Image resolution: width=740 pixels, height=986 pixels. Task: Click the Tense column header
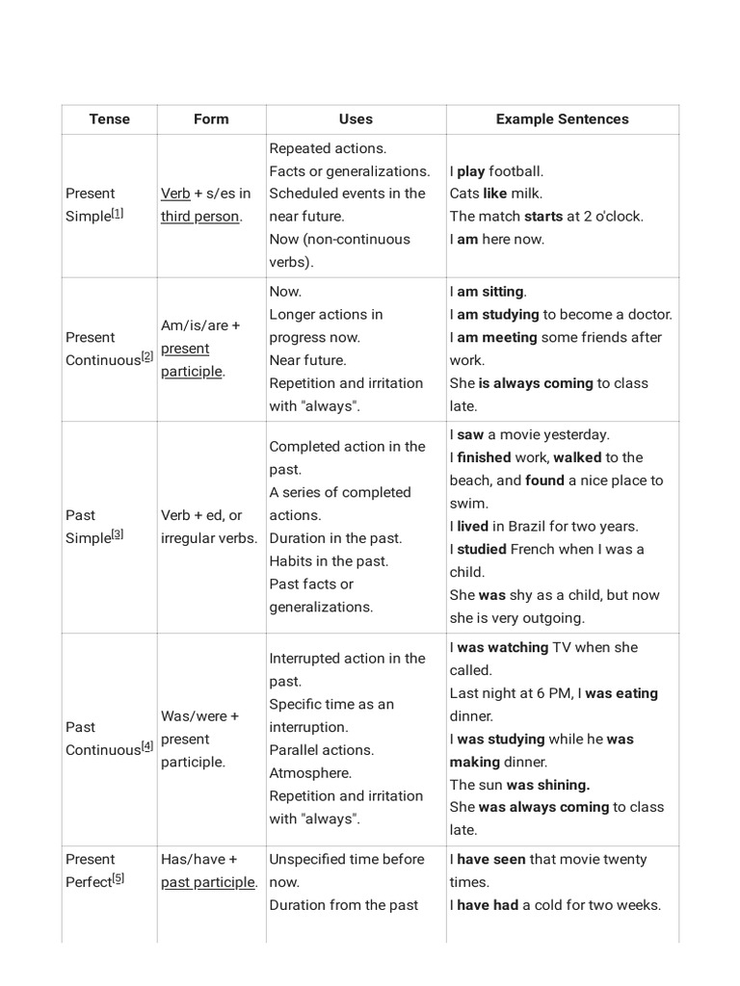point(109,119)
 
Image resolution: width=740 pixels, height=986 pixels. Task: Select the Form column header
point(211,119)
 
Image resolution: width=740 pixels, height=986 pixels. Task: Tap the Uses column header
point(356,119)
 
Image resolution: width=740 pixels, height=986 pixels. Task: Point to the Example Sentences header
point(562,119)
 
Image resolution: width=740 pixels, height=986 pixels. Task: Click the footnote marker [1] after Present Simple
point(118,213)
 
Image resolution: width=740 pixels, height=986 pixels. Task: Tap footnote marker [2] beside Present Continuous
point(147,356)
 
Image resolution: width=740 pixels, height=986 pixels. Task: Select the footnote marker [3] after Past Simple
point(118,534)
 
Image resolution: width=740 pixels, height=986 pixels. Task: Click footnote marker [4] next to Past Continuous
point(147,745)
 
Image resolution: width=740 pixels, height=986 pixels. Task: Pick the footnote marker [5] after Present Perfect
point(118,878)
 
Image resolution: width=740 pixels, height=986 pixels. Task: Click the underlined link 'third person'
point(199,217)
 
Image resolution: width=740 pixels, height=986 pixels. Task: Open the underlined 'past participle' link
point(208,882)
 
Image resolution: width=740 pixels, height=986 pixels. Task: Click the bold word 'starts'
point(543,217)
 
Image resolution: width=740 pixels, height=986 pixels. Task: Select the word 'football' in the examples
point(516,171)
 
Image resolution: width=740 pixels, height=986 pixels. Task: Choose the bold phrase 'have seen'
point(491,860)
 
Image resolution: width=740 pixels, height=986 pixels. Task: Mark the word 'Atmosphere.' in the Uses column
point(310,773)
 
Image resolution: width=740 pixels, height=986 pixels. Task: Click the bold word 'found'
point(544,480)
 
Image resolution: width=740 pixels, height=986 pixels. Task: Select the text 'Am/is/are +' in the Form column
point(201,326)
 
